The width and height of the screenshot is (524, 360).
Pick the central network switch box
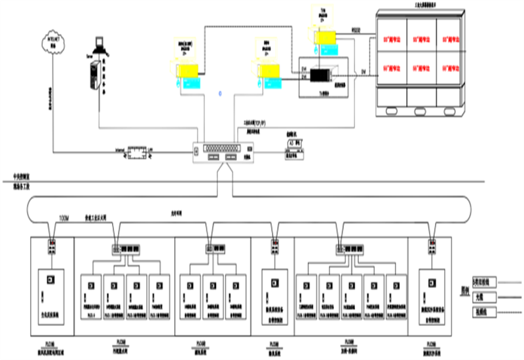tap(222, 153)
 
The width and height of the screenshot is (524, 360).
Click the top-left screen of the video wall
tap(392, 39)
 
